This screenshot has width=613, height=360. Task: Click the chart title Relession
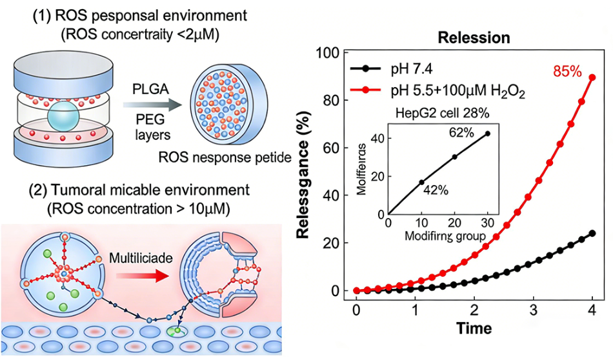click(x=474, y=37)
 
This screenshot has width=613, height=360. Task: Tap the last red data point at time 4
click(x=592, y=77)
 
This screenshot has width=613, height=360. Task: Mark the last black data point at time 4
click(x=592, y=233)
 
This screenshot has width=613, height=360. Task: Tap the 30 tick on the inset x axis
click(x=488, y=224)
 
